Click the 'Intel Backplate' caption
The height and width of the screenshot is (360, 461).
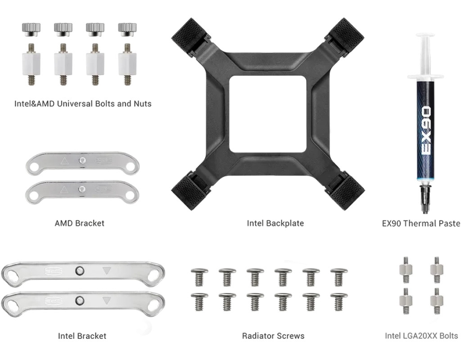[275, 223]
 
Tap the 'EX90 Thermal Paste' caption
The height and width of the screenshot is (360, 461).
[421, 223]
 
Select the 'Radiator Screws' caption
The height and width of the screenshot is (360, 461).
[273, 336]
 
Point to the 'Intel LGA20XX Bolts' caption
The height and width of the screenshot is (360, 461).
[421, 336]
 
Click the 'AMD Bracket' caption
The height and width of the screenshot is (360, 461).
[79, 223]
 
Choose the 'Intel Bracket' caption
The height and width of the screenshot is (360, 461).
[82, 336]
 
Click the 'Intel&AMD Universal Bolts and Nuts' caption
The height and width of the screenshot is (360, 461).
[83, 103]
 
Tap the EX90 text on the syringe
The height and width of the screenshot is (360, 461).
[426, 131]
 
